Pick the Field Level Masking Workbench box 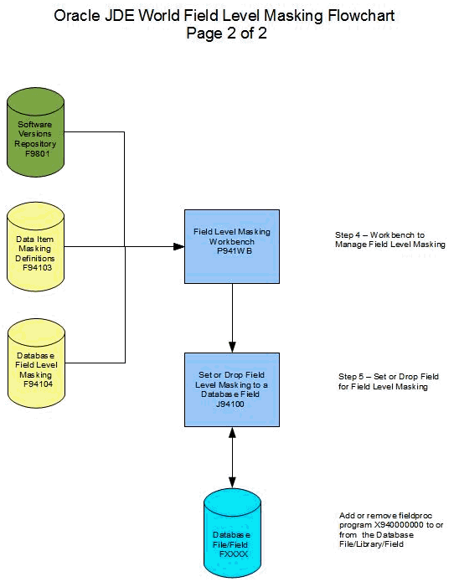pos(231,246)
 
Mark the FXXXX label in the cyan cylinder pos(230,554)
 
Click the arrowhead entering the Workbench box pos(178,246)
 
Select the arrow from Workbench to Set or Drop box pos(231,318)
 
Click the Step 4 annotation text pos(384,239)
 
